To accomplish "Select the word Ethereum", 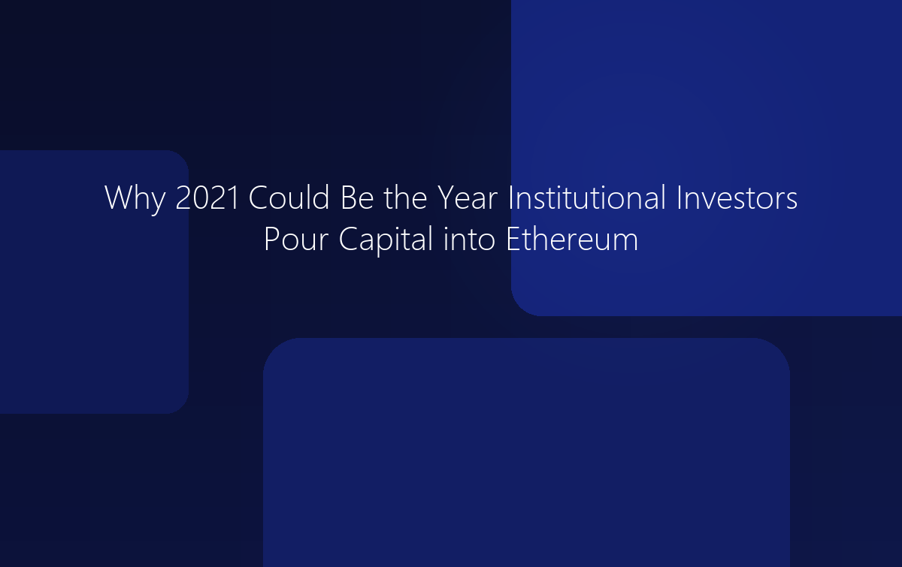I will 571,240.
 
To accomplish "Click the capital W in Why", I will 117,198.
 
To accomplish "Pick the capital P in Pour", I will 271,240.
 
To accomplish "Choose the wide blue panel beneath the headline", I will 526,451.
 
